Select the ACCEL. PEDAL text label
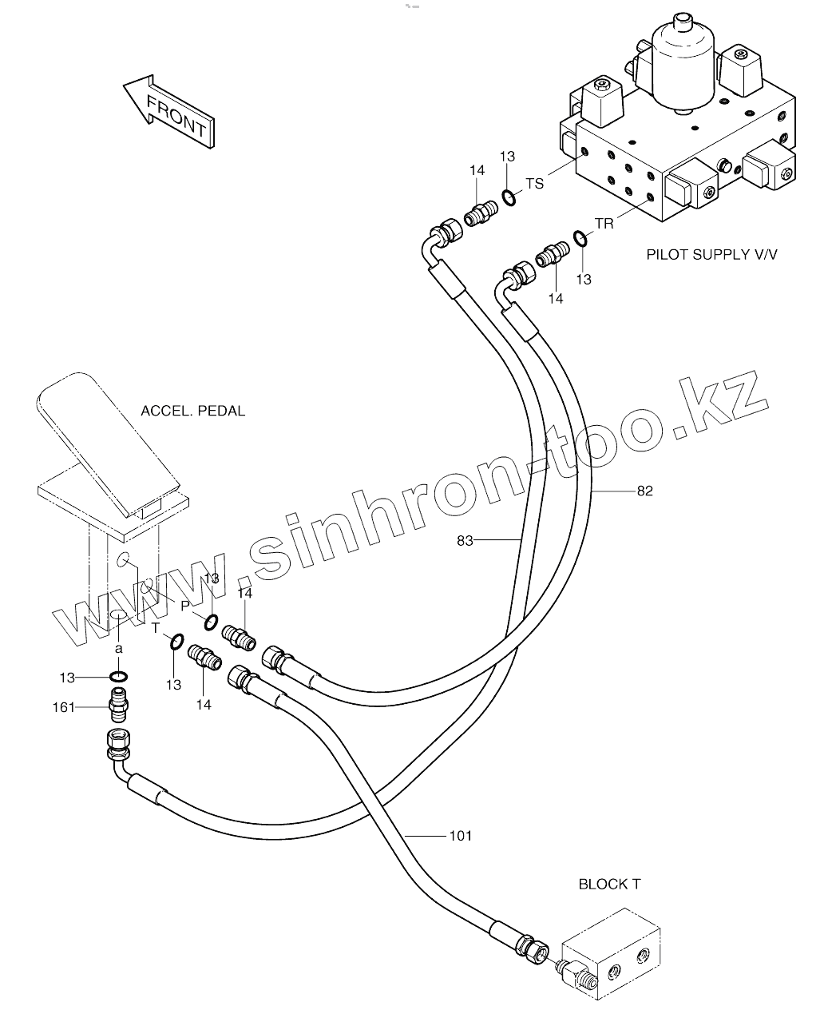pos(192,412)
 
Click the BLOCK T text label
pos(609,885)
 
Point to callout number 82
pos(644,491)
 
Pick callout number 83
pos(465,541)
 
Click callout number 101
pos(461,836)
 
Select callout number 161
pos(63,707)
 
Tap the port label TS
pos(534,184)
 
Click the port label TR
pos(604,224)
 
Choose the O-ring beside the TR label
pos(581,238)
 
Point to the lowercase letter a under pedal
pos(118,649)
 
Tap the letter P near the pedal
pos(184,605)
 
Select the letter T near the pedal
pos(156,629)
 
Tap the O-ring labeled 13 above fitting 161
pos(119,678)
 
